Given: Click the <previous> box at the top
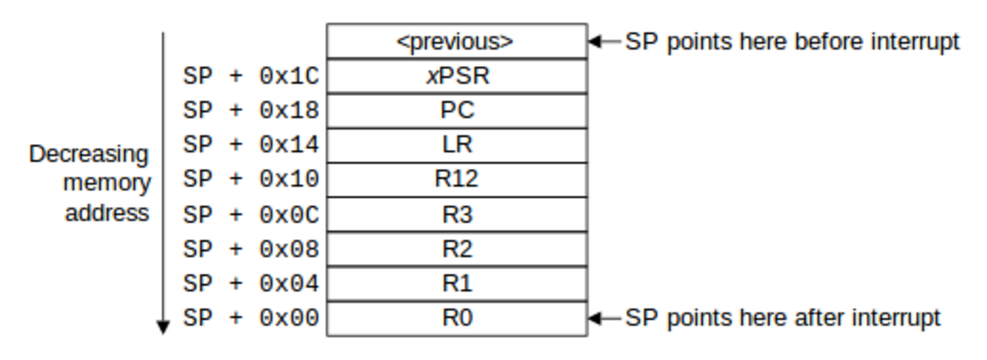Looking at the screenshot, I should point(456,42).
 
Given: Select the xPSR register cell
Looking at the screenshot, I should point(456,76).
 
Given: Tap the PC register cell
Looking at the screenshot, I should point(456,110).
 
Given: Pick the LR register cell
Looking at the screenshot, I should point(456,145).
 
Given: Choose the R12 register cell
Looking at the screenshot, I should point(456,179).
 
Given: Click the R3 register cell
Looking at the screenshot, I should point(456,213).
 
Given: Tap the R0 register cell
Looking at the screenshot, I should point(456,317).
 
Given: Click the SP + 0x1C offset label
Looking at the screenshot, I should point(251,76).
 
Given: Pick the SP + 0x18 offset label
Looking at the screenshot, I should point(251,110).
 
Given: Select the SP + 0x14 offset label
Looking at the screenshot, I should point(251,145).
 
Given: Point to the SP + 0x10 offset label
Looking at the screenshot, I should point(251,179).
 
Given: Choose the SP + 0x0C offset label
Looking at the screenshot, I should point(251,213).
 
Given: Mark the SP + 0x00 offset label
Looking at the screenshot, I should point(251,317).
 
